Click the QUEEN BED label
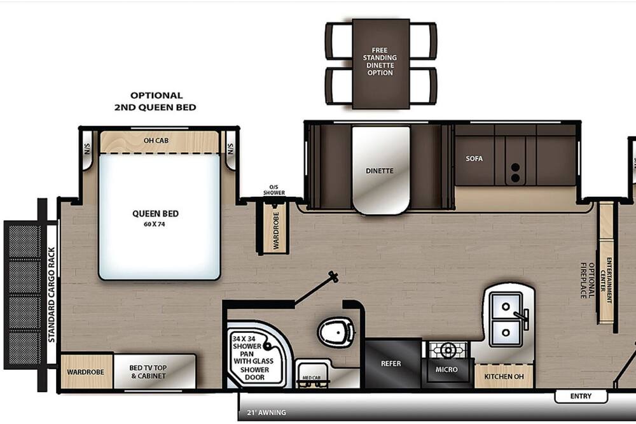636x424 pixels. pos(155,214)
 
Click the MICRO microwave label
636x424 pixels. pos(446,370)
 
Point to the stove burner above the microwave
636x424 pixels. pos(448,350)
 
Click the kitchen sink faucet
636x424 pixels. pos(522,317)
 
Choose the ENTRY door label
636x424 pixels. pos(581,396)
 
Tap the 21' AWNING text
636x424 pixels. pos(266,413)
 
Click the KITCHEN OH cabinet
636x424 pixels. pos(504,376)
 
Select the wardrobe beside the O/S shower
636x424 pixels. pos(275,228)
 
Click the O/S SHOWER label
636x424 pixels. pos(274,190)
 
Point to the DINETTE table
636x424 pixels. pos(380,170)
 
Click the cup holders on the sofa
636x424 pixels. pos(515,173)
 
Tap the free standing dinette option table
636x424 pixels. pos(380,64)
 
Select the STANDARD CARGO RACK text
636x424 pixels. pos(52,294)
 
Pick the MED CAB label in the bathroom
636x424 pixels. pos(312,378)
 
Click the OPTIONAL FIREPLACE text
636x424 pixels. pos(587,280)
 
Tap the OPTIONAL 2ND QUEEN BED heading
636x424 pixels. pos(155,101)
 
